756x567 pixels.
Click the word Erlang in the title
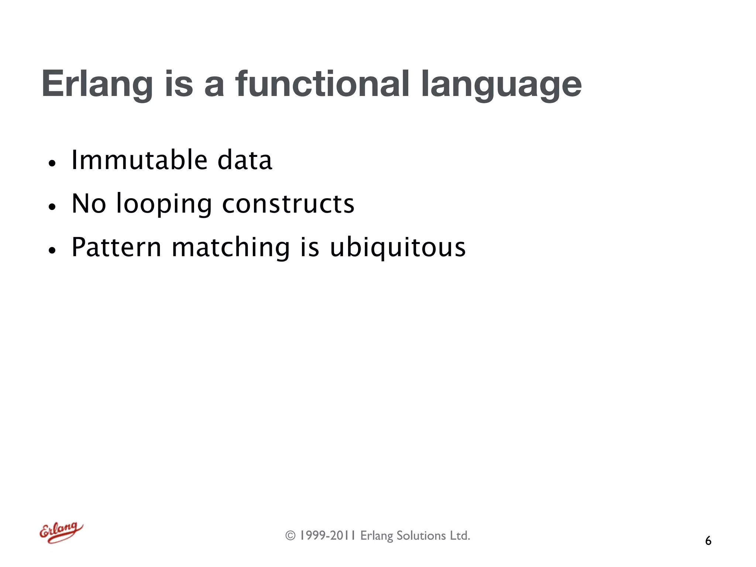click(x=97, y=84)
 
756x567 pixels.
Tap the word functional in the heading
click(x=322, y=84)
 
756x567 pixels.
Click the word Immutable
click(x=139, y=160)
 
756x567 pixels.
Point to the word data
click(x=245, y=160)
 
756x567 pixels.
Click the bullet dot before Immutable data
click(x=52, y=163)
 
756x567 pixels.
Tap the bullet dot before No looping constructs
click(x=52, y=207)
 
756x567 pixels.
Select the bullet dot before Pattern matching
click(x=52, y=250)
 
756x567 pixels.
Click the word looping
click(x=164, y=204)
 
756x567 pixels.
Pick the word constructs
click(x=288, y=204)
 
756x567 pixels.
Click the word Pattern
click(x=116, y=247)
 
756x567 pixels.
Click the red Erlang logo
click(x=61, y=533)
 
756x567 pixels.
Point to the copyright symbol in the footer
click(x=291, y=536)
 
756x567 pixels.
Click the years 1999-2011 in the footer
click(x=327, y=536)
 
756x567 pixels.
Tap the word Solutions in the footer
click(x=421, y=536)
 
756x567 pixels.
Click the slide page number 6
click(x=708, y=541)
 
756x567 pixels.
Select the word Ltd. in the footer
click(x=460, y=536)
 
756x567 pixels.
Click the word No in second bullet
click(x=89, y=204)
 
